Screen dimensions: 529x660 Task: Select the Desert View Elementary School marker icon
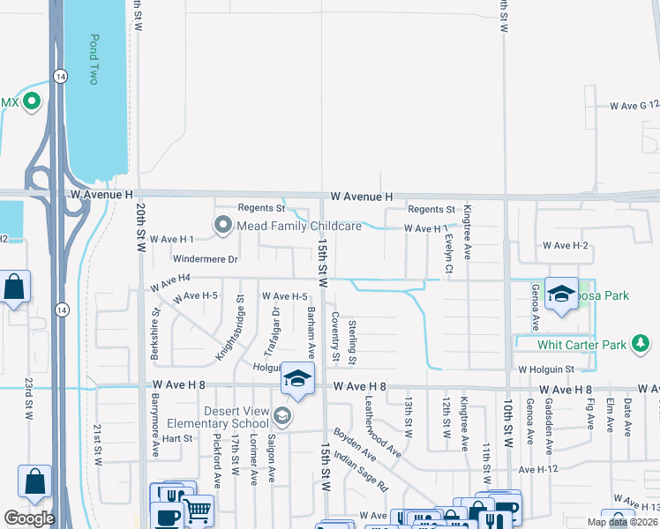tap(281, 414)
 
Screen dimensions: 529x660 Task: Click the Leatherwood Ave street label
tap(383, 426)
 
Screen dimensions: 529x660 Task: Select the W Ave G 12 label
tap(634, 105)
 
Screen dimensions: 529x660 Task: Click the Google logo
tap(29, 518)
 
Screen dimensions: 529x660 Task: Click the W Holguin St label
tap(545, 369)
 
